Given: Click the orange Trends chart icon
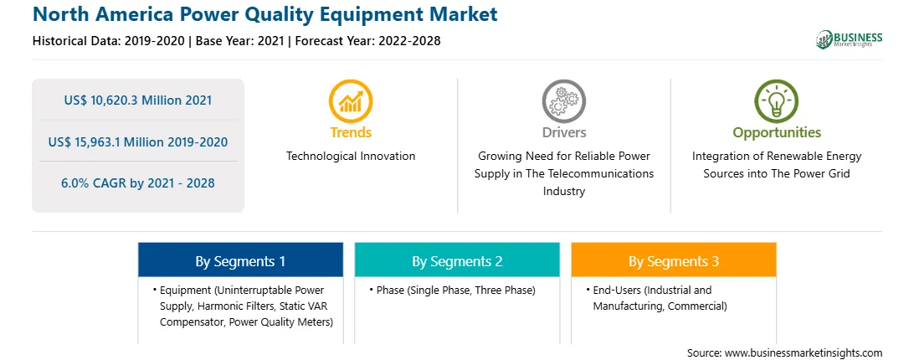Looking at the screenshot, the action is point(351,101).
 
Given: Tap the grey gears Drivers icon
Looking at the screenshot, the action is point(563,101).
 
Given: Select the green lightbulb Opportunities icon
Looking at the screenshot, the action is point(777,101).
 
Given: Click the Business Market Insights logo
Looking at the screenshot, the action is point(850,39).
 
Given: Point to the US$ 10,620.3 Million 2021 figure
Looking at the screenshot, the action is point(138,100).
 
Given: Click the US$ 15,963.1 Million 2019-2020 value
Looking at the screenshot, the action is point(138,141).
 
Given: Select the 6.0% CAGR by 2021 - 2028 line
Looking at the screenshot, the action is point(138,183).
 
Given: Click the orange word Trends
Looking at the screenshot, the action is point(351,132).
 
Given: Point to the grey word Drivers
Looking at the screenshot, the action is point(564,132).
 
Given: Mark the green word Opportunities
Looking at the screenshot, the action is point(777,132).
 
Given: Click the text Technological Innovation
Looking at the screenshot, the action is point(351,156).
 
